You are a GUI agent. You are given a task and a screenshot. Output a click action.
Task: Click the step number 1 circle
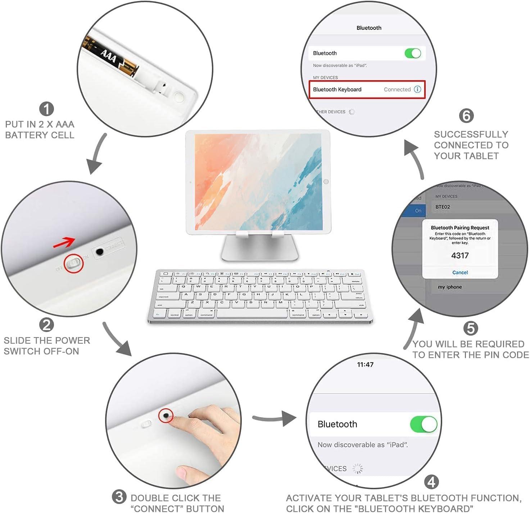point(46,109)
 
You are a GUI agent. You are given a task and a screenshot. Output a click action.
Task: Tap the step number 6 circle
point(466,116)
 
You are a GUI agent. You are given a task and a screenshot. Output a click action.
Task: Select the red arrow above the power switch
point(64,243)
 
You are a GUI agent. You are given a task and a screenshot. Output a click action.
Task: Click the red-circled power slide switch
point(74,263)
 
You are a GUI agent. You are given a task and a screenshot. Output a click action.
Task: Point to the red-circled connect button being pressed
point(166,416)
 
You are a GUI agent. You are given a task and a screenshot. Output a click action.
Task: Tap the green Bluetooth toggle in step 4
point(423,425)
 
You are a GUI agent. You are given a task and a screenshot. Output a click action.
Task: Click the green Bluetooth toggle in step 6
point(413,53)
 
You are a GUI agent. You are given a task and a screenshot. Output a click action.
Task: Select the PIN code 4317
point(460,255)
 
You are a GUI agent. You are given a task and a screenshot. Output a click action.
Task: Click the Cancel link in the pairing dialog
point(460,272)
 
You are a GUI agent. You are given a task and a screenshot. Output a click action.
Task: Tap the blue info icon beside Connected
point(417,90)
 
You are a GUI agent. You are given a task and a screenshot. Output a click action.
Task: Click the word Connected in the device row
point(397,90)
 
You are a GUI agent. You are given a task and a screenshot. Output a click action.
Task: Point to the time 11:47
point(365,364)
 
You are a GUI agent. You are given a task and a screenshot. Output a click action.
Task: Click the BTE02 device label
point(443,207)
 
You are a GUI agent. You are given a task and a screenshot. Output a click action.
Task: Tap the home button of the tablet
point(326,182)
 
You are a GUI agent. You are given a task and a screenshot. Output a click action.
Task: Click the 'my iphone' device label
point(450,287)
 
